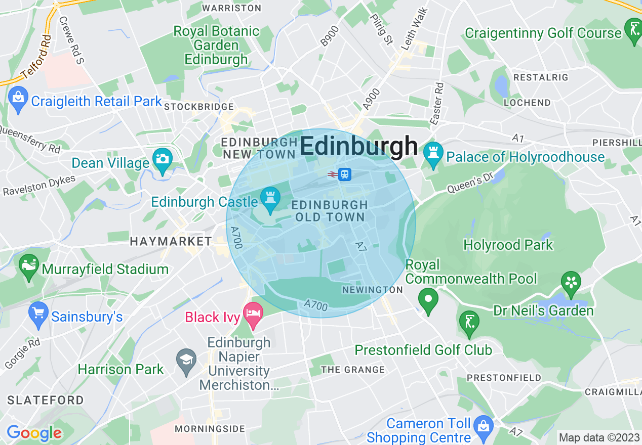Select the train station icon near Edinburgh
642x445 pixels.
(x=345, y=174)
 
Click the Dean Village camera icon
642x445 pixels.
(x=162, y=160)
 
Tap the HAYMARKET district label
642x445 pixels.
(x=171, y=241)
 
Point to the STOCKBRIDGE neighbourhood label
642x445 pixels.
(x=199, y=107)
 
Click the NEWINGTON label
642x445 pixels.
(x=372, y=290)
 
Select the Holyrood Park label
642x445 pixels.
(x=508, y=245)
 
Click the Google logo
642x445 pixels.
(x=34, y=433)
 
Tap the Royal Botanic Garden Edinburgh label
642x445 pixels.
(x=216, y=45)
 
